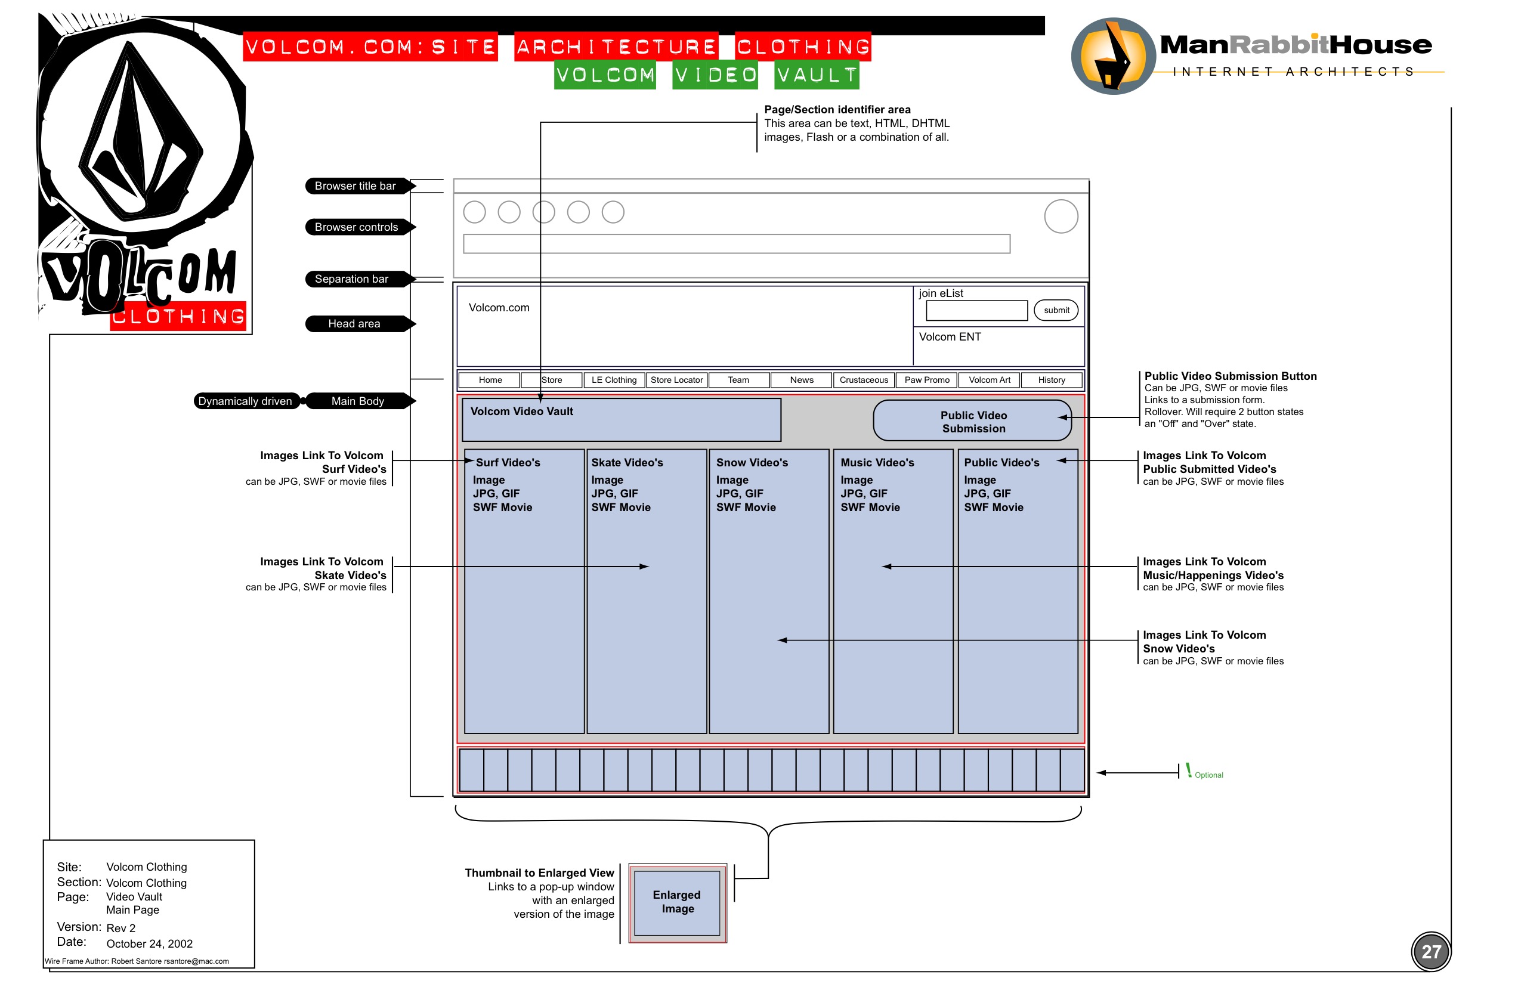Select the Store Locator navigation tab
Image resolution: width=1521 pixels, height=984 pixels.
pyautogui.click(x=676, y=380)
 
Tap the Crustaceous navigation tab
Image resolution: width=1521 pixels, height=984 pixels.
pyautogui.click(x=864, y=380)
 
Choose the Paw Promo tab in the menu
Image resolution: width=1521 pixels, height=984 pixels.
pyautogui.click(x=927, y=380)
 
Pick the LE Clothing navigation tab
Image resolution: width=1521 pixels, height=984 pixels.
pyautogui.click(x=614, y=380)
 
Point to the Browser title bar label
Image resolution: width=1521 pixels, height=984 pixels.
pyautogui.click(x=356, y=186)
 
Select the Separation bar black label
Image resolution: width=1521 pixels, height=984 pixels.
pyautogui.click(x=352, y=279)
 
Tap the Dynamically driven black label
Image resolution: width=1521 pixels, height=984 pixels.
pyautogui.click(x=245, y=401)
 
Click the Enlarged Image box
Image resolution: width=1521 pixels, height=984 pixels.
pyautogui.click(x=677, y=902)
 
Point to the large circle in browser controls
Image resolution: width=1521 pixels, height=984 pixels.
pyautogui.click(x=1061, y=216)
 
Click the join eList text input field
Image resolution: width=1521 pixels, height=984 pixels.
pyautogui.click(x=976, y=311)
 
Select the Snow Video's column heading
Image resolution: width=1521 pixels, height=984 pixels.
pyautogui.click(x=752, y=463)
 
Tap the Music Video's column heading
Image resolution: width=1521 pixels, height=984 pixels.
pyautogui.click(x=877, y=463)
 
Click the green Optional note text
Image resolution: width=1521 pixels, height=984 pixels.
pyautogui.click(x=1208, y=775)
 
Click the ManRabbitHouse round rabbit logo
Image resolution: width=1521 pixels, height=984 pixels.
pyautogui.click(x=1112, y=56)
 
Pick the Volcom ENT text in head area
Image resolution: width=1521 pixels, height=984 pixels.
pyautogui.click(x=950, y=338)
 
